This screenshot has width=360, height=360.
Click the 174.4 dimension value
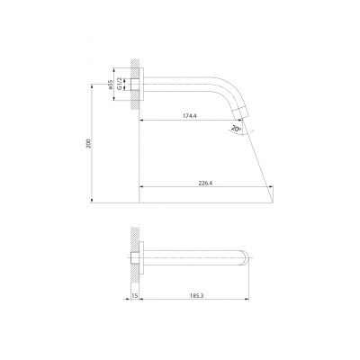(189, 116)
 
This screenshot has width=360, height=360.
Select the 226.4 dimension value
(205, 183)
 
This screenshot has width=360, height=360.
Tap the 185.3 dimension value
(197, 295)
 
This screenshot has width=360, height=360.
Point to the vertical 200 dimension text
(88, 143)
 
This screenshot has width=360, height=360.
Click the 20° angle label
(237, 129)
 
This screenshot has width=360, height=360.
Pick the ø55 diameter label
(110, 85)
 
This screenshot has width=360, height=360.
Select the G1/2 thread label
(120, 84)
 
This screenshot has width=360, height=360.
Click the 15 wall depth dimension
(135, 296)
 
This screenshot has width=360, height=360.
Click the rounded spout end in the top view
(246, 257)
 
